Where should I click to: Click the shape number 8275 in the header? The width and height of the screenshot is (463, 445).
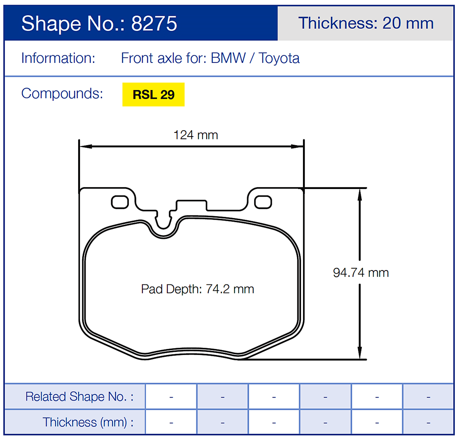[154, 24]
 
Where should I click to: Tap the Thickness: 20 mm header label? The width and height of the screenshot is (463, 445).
[365, 23]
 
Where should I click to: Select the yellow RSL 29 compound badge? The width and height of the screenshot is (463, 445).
[153, 95]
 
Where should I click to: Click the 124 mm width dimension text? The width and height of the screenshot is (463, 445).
[196, 135]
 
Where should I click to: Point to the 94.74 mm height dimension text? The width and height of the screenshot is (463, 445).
[361, 273]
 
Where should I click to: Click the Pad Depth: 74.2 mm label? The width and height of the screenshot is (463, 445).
[197, 289]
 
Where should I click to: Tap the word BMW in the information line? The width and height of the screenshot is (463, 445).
[228, 58]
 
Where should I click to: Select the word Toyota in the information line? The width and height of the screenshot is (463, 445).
[279, 58]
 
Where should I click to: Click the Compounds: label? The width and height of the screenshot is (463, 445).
[62, 94]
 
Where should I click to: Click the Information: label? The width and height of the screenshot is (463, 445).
[58, 58]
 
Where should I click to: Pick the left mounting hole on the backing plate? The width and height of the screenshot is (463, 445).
[120, 202]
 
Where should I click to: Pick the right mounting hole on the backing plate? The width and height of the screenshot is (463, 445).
[263, 202]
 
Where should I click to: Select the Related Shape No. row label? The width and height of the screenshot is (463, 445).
[79, 397]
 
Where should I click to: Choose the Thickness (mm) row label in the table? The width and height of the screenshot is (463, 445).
[88, 422]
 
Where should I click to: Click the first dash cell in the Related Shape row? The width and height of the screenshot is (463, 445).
[171, 397]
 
